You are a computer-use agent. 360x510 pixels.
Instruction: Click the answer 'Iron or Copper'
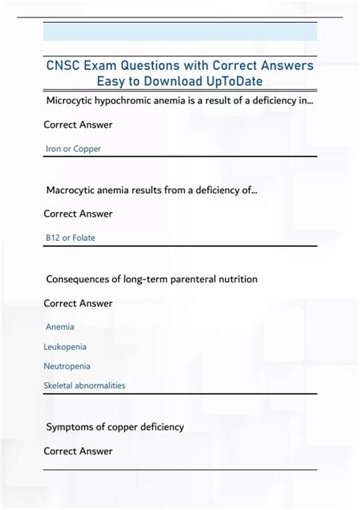coord(73,149)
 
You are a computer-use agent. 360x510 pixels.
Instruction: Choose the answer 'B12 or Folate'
coord(71,238)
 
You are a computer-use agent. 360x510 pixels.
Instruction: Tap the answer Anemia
coord(60,327)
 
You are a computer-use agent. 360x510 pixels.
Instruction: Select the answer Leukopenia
coord(65,347)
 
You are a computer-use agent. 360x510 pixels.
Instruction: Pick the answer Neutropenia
coord(67,366)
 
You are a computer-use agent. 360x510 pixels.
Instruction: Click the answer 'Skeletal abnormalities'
coord(84,385)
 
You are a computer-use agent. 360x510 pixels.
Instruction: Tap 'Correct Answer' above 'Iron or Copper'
coord(78,125)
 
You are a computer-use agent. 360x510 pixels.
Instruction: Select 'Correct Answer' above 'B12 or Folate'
coord(78,214)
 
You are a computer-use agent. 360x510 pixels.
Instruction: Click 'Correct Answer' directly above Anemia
coord(78,304)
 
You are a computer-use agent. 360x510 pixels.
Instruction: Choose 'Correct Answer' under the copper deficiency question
coord(78,451)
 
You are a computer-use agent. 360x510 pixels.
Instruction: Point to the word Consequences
coord(81,280)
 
